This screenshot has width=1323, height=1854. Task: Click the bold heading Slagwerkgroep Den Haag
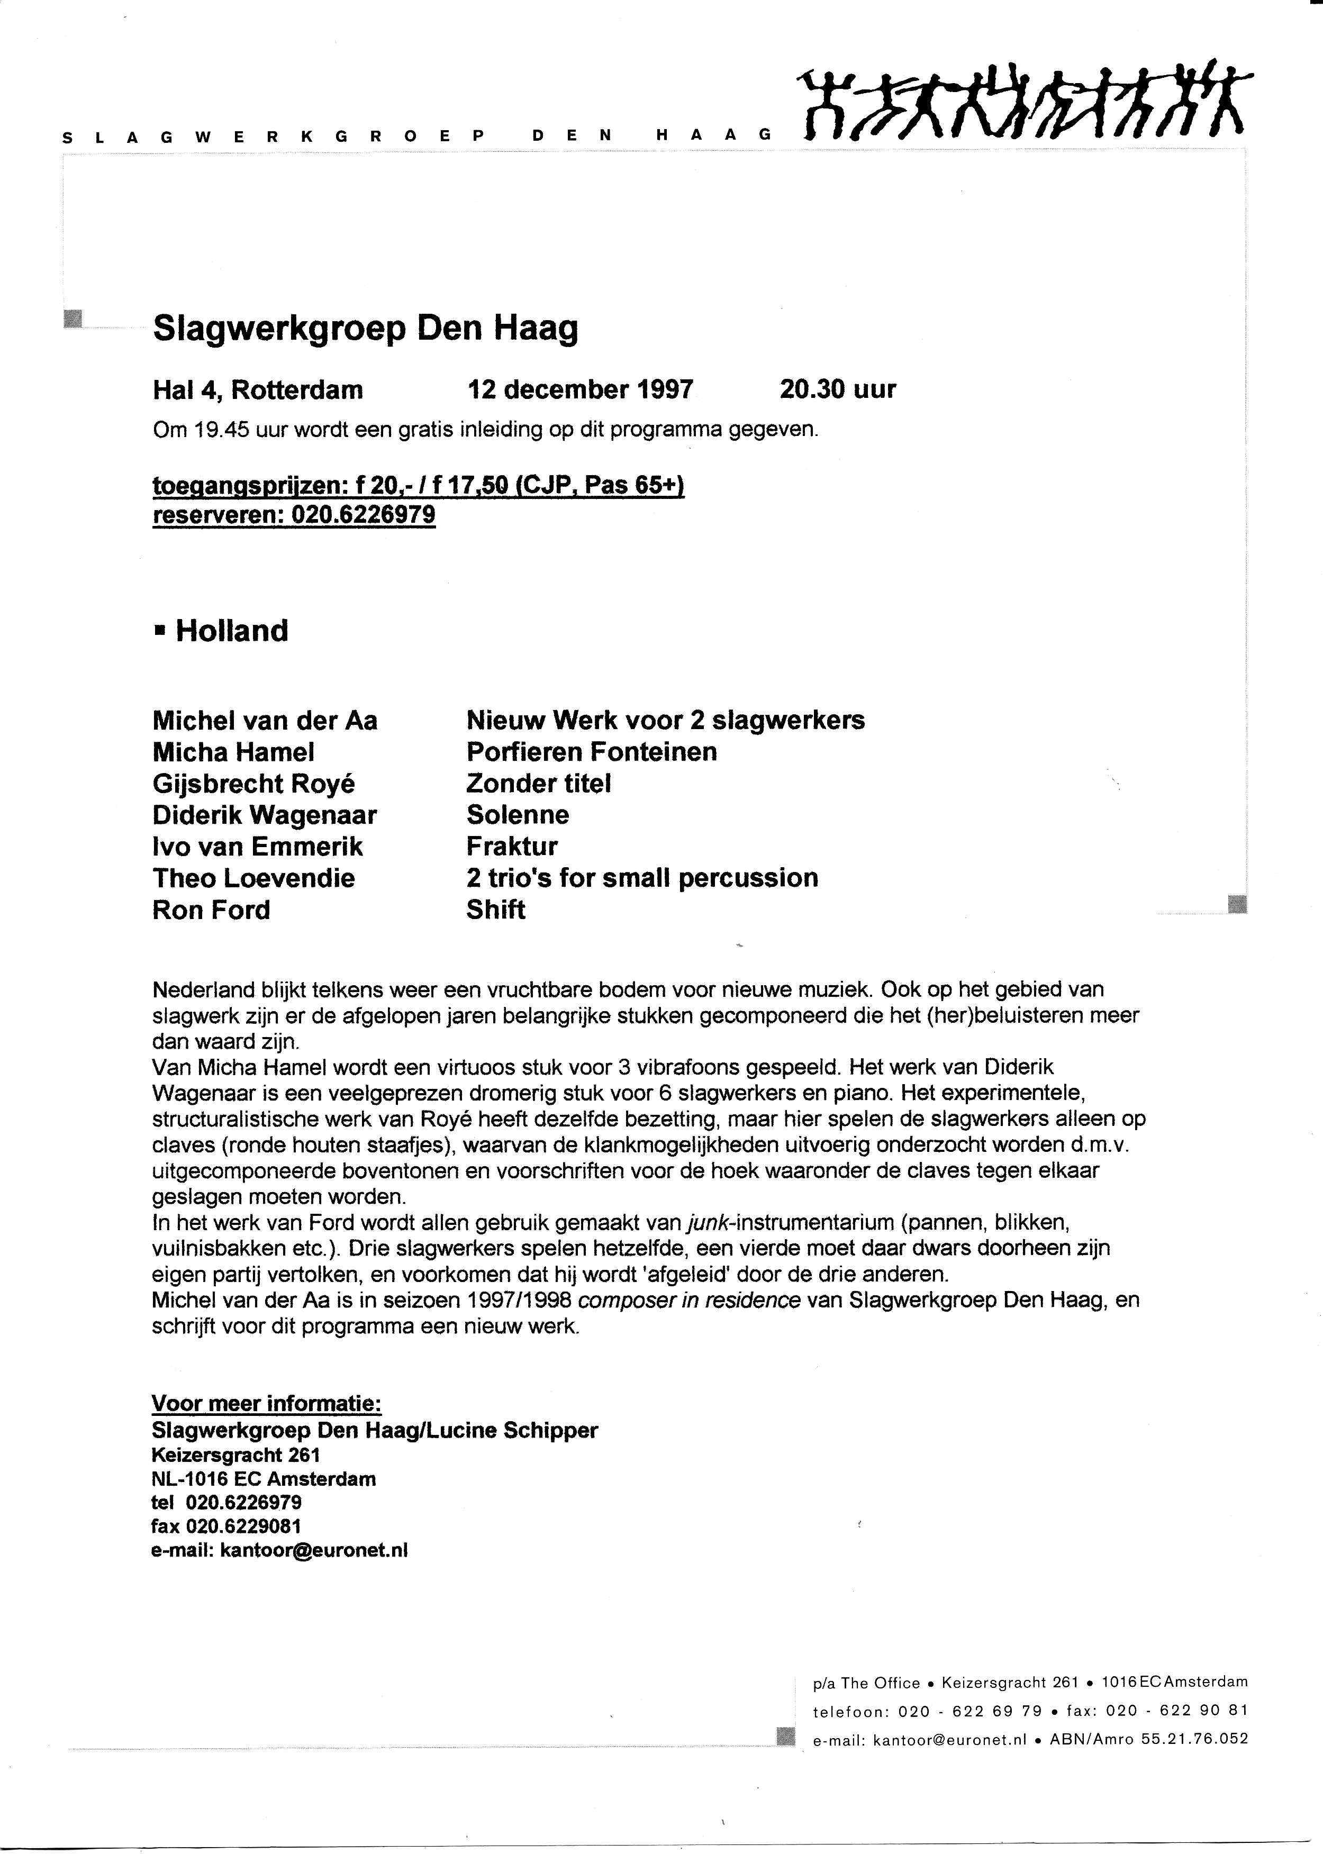click(365, 328)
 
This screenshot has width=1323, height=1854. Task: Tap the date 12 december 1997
click(580, 389)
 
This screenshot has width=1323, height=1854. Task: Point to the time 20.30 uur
click(838, 389)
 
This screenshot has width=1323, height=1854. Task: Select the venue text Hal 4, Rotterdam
click(257, 390)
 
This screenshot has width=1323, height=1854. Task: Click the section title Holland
click(231, 631)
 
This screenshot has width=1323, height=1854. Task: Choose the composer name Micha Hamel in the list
click(233, 752)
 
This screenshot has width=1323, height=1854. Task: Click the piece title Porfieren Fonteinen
click(592, 752)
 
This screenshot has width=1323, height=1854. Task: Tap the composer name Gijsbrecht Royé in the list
click(253, 784)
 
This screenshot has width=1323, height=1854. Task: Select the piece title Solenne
click(518, 815)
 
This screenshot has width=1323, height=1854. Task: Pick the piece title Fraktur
click(512, 847)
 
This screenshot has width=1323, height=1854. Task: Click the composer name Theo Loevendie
click(253, 878)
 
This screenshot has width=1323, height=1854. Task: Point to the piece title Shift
click(495, 910)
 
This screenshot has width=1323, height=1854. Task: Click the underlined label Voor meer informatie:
click(266, 1404)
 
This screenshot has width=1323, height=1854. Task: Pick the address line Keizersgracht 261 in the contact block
click(235, 1455)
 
